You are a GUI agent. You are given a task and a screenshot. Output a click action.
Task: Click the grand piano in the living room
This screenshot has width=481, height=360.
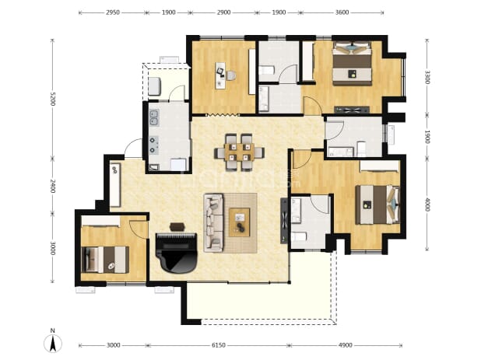(176, 253)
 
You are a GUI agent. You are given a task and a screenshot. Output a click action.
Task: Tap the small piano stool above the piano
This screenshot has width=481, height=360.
(177, 227)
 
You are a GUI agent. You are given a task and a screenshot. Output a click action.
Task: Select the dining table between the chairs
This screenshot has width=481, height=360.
(239, 152)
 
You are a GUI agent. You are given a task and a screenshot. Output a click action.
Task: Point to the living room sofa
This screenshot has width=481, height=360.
(213, 222)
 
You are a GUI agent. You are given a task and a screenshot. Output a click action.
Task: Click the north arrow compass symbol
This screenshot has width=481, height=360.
(53, 341)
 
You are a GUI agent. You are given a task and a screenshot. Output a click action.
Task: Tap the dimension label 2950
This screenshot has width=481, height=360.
(113, 12)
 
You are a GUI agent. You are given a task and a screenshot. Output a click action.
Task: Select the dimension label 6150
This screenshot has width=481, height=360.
(219, 345)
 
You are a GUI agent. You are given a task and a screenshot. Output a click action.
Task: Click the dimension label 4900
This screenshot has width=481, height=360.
(345, 345)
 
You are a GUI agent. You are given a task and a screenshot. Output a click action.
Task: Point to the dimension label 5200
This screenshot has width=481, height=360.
(53, 99)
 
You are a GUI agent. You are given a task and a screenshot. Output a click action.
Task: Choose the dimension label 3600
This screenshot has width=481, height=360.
(342, 12)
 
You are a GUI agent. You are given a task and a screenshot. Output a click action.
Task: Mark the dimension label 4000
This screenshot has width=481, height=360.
(427, 204)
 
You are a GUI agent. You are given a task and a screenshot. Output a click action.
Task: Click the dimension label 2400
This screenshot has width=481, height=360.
(53, 186)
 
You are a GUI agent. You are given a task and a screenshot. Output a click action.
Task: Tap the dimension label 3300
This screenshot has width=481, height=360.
(427, 77)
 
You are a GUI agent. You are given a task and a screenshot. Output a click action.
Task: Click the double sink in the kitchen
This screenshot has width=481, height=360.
(153, 118)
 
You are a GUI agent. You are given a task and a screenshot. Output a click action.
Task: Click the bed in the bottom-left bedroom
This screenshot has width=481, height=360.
(105, 260)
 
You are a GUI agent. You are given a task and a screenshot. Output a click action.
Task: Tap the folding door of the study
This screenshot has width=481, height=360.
(223, 115)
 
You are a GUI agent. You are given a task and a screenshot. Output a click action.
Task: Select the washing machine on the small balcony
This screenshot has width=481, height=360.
(155, 86)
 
